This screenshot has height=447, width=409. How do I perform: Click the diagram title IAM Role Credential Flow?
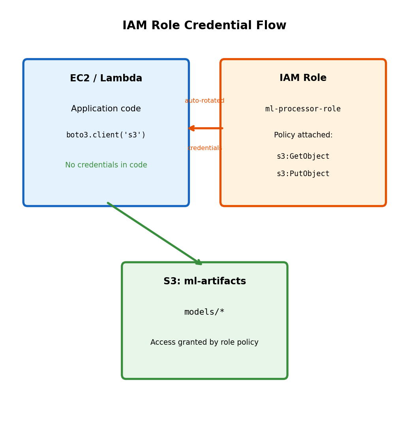[204, 26]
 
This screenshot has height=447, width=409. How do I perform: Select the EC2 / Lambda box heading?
[106, 79]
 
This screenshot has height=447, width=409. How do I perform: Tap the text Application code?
[106, 109]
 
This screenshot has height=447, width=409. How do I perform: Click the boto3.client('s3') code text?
[106, 135]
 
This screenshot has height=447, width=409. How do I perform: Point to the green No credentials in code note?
[106, 165]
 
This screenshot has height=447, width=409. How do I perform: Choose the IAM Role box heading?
[303, 78]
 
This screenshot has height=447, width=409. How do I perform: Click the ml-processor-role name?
[303, 109]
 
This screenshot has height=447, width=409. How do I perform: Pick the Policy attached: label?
[303, 135]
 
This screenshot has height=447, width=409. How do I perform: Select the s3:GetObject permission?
[303, 156]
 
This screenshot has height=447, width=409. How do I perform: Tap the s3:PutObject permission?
[303, 174]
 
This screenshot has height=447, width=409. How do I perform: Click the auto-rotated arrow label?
[204, 101]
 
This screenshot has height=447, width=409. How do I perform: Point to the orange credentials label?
[204, 148]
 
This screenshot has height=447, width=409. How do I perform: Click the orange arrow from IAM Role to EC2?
[205, 128]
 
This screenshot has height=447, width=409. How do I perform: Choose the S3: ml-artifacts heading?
[204, 282]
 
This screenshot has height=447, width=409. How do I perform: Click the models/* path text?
[204, 312]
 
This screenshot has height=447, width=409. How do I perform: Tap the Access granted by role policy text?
[204, 342]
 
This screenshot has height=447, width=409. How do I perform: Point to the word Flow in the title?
[270, 26]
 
